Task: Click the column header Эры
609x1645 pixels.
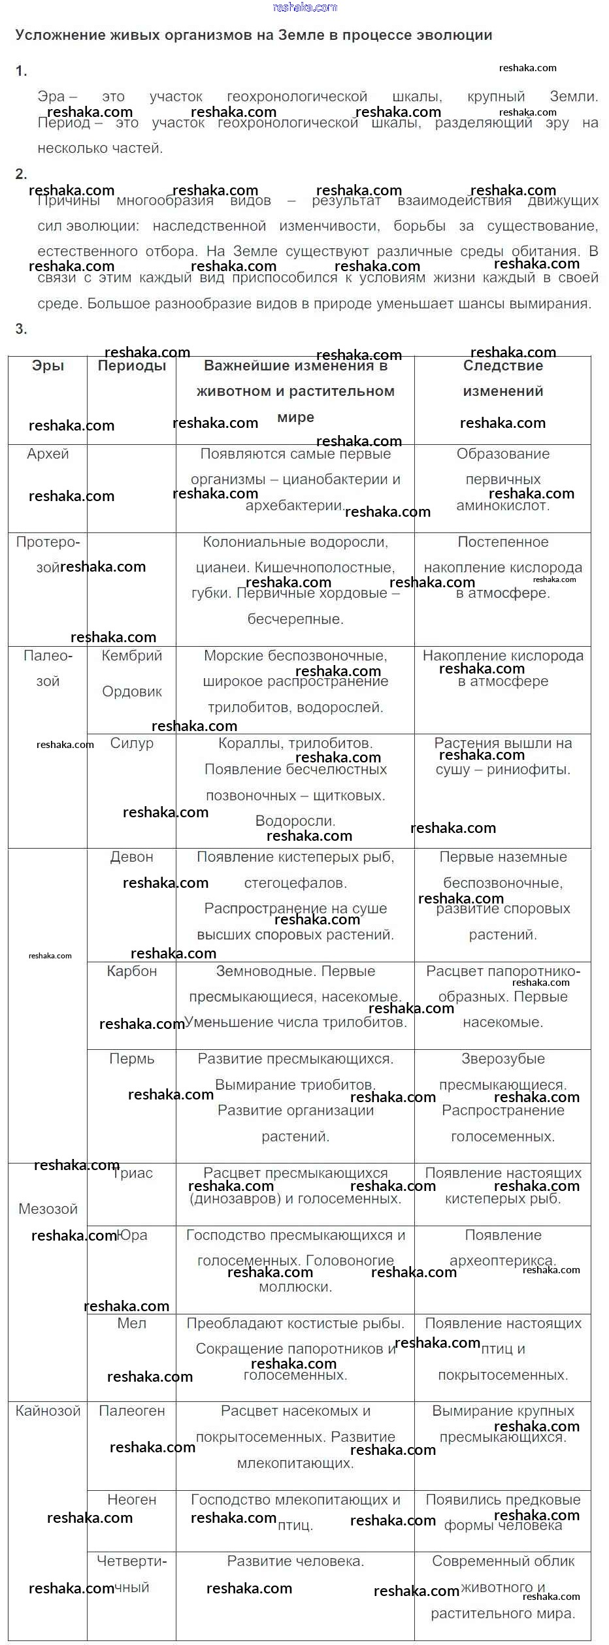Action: (x=48, y=366)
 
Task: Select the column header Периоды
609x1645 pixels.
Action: (x=131, y=366)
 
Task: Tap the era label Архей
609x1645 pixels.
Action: (x=48, y=454)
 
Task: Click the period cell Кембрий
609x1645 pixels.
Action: (x=131, y=656)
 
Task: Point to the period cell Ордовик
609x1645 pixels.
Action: (x=131, y=692)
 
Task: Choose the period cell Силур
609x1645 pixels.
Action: (x=131, y=743)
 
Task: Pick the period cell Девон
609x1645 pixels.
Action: (x=131, y=857)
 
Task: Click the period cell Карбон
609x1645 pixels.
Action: (x=131, y=971)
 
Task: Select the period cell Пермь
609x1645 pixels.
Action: (x=131, y=1059)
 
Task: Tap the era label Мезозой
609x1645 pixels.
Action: (x=48, y=1209)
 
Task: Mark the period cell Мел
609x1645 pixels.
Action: (x=131, y=1324)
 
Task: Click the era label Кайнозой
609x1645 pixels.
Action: (x=48, y=1411)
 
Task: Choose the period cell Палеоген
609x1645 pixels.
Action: (x=131, y=1411)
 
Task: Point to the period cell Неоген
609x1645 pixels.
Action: (x=131, y=1500)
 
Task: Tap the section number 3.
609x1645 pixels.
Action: (x=21, y=329)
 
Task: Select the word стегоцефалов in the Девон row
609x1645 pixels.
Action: (x=295, y=883)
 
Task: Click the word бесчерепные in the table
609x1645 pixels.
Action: (x=295, y=619)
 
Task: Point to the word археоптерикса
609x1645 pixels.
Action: (x=502, y=1261)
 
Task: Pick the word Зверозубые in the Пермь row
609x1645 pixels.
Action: (x=502, y=1059)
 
